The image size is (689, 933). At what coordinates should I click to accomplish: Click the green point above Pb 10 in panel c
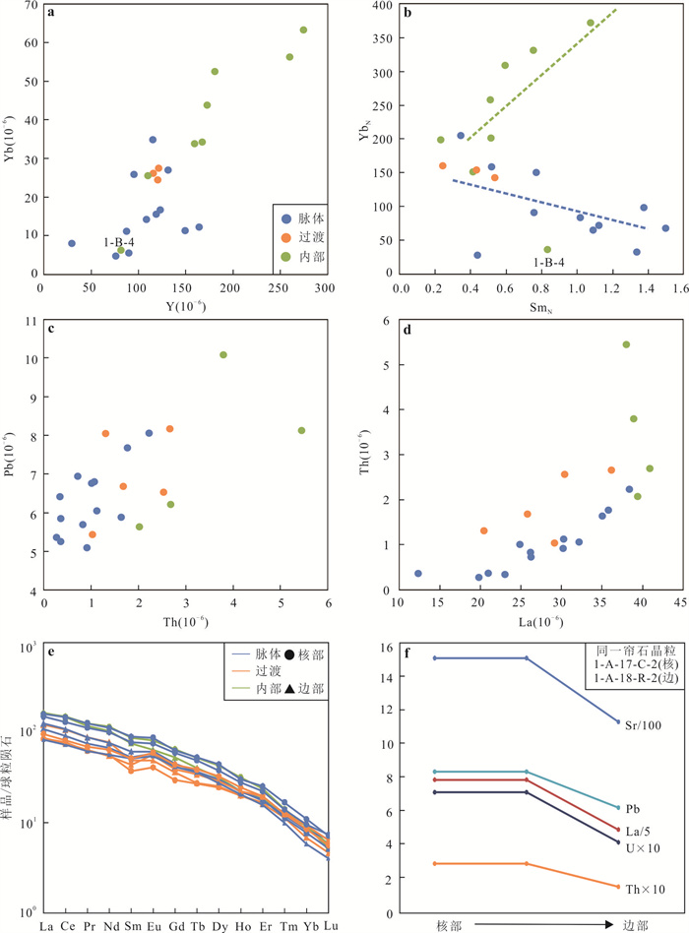click(223, 354)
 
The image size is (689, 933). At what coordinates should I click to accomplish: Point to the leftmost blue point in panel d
click(417, 573)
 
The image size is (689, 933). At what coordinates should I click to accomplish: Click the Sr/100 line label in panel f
click(643, 726)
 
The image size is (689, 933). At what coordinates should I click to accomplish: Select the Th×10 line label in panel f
click(645, 889)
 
